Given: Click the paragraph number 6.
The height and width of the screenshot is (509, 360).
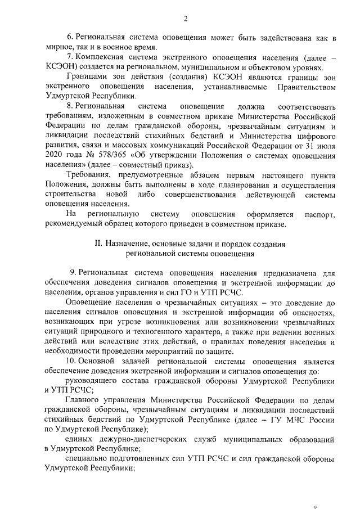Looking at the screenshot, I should point(70,38).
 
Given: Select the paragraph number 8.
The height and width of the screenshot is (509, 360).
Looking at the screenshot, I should point(70,107).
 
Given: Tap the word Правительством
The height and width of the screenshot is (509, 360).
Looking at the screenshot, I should point(307,87).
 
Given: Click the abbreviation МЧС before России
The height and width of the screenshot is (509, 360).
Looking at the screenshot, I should point(301,420).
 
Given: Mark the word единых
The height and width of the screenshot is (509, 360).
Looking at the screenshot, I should point(79,439).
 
